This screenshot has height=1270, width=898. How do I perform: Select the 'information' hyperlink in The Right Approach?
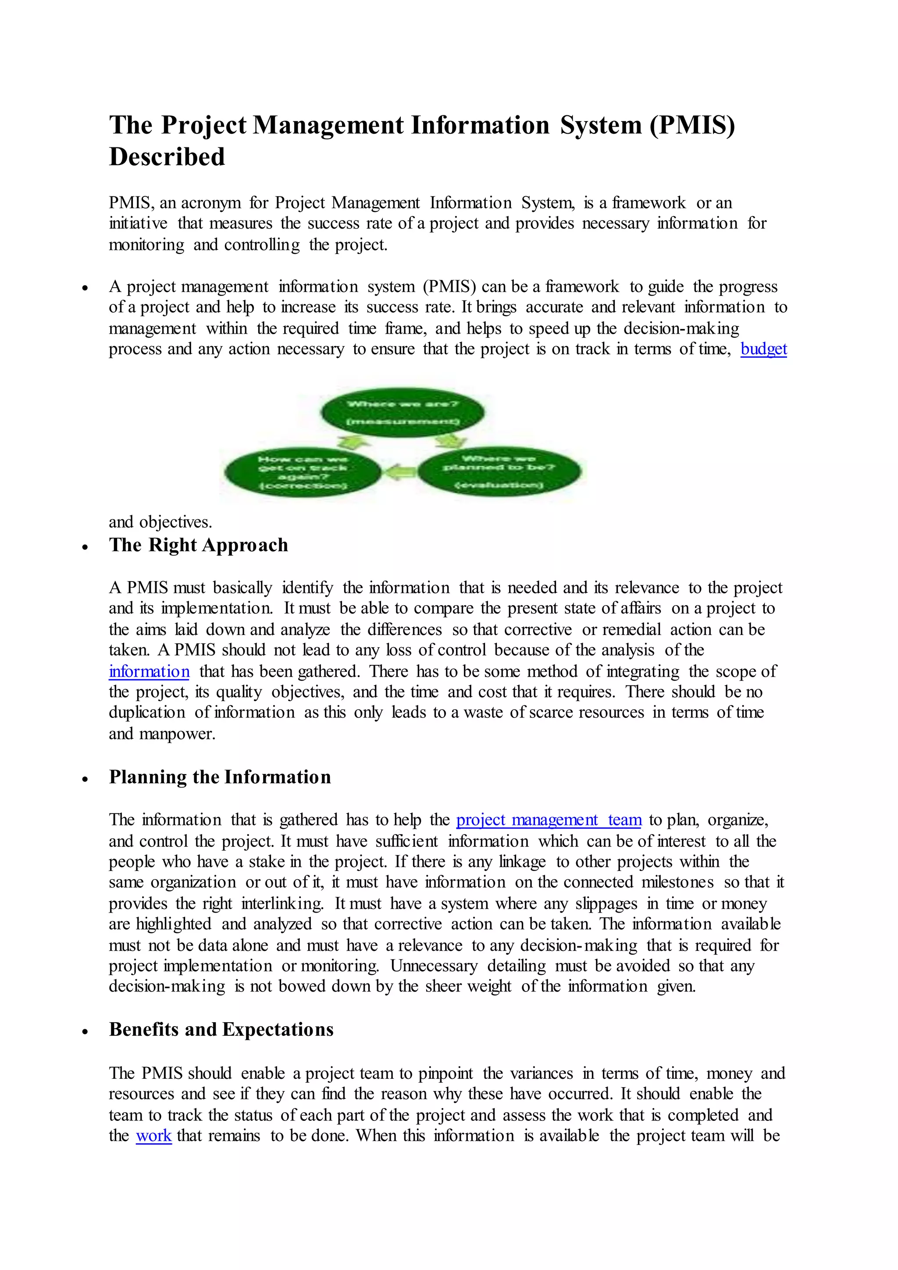(x=149, y=671)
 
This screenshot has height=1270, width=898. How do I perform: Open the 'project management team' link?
(x=549, y=819)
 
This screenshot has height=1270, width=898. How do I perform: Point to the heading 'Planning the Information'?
(x=220, y=777)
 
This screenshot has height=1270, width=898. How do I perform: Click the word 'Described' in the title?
(x=167, y=157)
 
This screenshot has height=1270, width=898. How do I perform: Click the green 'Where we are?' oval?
(x=403, y=413)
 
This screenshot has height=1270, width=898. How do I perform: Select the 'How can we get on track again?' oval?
(x=303, y=472)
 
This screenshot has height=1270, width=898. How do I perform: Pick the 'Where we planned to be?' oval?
(x=499, y=472)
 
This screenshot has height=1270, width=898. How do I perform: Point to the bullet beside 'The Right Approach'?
(x=85, y=546)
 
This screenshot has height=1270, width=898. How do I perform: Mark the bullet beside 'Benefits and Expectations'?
(x=85, y=1031)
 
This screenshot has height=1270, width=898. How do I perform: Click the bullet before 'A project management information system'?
(x=85, y=288)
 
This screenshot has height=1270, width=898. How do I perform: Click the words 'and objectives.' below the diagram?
(x=160, y=521)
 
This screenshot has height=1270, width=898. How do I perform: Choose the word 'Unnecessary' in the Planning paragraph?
(x=434, y=965)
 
